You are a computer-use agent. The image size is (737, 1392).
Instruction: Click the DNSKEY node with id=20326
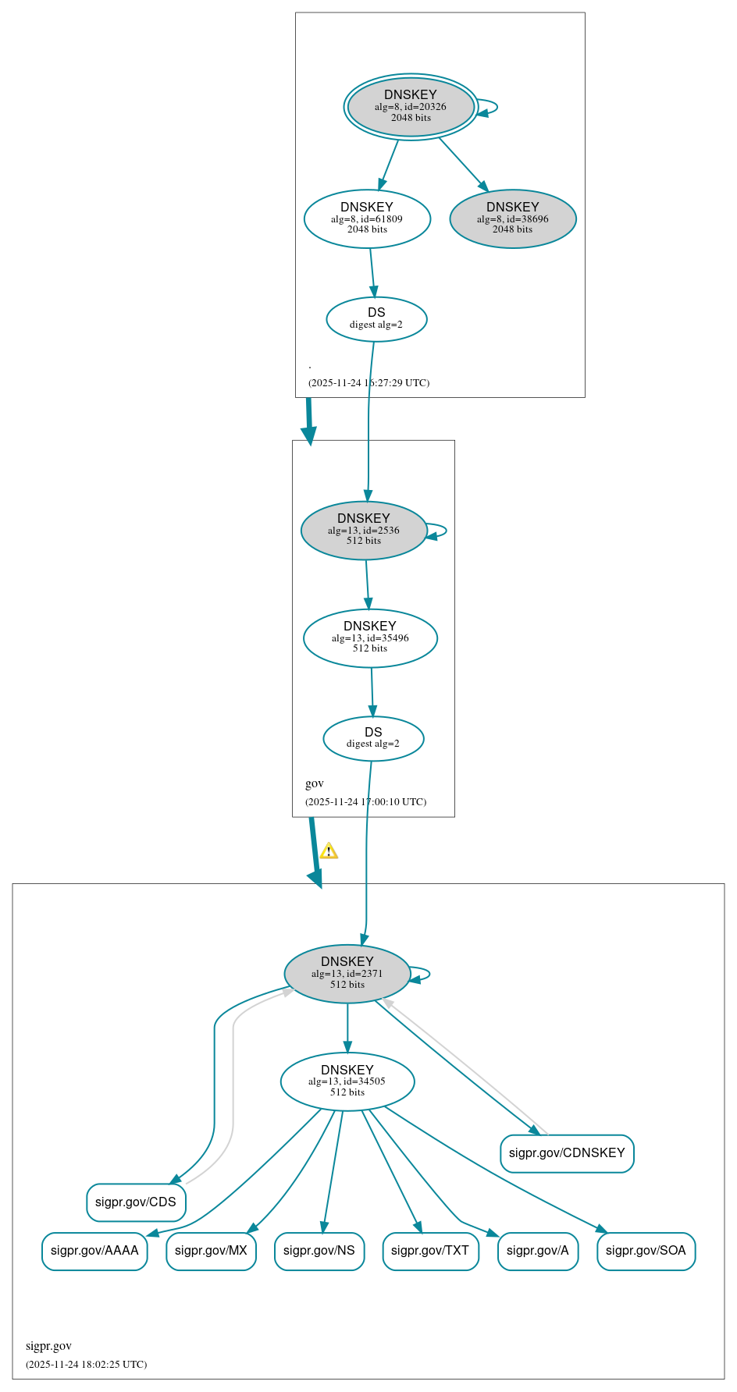pyautogui.click(x=411, y=107)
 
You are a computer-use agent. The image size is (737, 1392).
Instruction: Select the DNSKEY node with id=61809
pyautogui.click(x=367, y=219)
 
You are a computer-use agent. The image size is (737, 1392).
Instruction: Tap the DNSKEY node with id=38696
pyautogui.click(x=513, y=219)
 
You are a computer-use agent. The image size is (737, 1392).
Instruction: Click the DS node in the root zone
pyautogui.click(x=376, y=319)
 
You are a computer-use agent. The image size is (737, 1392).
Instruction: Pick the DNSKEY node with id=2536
pyautogui.click(x=364, y=531)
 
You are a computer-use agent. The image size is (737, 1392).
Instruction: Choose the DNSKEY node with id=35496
pyautogui.click(x=370, y=638)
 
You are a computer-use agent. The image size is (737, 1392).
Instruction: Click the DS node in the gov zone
pyautogui.click(x=373, y=738)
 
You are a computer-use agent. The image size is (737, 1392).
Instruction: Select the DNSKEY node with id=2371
pyautogui.click(x=347, y=974)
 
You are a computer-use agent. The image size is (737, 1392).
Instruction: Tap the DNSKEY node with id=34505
pyautogui.click(x=347, y=1081)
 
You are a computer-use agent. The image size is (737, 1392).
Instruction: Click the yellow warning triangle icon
pyautogui.click(x=329, y=851)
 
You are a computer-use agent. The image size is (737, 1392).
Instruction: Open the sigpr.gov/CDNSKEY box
pyautogui.click(x=567, y=1153)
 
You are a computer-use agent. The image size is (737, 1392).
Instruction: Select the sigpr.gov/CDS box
pyautogui.click(x=136, y=1202)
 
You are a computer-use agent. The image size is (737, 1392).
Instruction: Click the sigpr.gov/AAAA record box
pyautogui.click(x=94, y=1251)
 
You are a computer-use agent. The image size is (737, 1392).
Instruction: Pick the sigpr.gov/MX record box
pyautogui.click(x=211, y=1251)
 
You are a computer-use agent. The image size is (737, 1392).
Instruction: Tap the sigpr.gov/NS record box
pyautogui.click(x=319, y=1251)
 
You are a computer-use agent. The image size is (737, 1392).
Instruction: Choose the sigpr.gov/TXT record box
pyautogui.click(x=430, y=1251)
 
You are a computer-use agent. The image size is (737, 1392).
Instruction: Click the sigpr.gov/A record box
pyautogui.click(x=538, y=1251)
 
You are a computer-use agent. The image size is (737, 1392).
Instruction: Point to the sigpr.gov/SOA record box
pyautogui.click(x=646, y=1251)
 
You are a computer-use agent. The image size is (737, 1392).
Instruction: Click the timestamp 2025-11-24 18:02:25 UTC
pyautogui.click(x=87, y=1365)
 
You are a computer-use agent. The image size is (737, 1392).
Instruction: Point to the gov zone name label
pyautogui.click(x=315, y=783)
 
